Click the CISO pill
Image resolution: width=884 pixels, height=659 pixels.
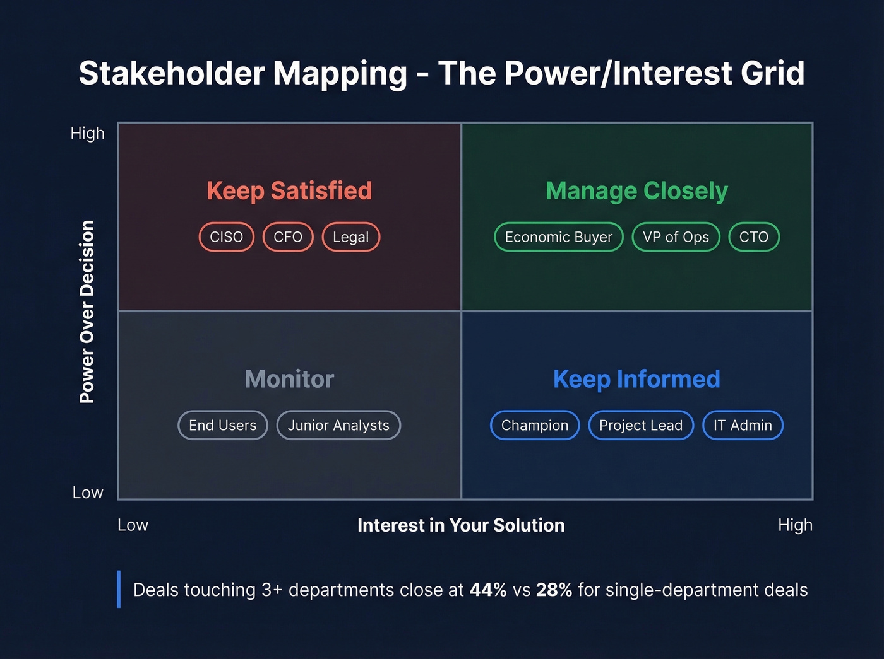tap(227, 237)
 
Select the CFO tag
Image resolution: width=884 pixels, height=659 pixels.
tap(288, 237)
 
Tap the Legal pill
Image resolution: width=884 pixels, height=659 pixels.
tap(351, 237)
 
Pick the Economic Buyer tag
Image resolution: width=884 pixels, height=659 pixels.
tap(558, 237)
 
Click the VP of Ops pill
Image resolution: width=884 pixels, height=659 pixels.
tap(676, 237)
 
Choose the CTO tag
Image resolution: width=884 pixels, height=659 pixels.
tap(754, 237)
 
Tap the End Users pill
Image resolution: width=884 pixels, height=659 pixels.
tap(223, 426)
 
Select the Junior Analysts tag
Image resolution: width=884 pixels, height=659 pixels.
tap(338, 426)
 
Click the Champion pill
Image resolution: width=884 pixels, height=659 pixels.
tap(535, 426)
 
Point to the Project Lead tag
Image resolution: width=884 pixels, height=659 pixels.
tap(641, 426)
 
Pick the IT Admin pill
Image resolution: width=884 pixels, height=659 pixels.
tap(743, 426)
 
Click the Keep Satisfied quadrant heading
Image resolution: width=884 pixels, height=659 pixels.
tap(289, 191)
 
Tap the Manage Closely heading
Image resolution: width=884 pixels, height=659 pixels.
tap(636, 191)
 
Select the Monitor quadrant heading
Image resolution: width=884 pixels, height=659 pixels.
tap(289, 380)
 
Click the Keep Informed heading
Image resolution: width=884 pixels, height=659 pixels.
tap(636, 380)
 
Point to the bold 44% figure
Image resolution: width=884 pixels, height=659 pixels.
tap(488, 590)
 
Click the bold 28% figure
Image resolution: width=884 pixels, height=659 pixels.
tap(554, 590)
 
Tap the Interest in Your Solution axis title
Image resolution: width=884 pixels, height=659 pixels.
tap(461, 525)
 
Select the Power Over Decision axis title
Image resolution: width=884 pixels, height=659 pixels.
tap(87, 312)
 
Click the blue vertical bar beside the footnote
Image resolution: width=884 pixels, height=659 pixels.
tap(119, 589)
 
